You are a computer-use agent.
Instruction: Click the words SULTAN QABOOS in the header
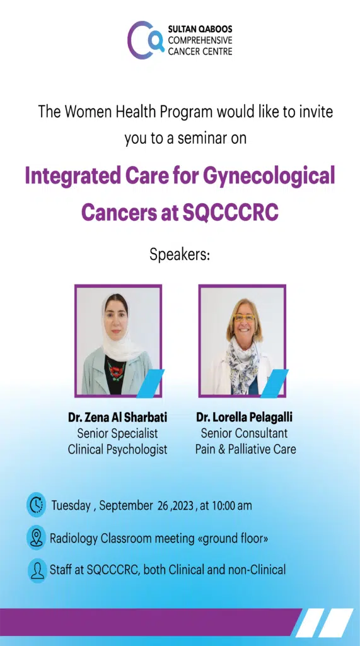pos(200,29)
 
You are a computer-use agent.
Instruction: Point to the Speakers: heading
pos(180,255)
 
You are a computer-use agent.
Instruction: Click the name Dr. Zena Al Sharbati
pos(117,418)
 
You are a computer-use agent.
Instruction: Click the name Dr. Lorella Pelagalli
pos(244,418)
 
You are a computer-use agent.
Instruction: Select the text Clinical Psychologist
pos(117,449)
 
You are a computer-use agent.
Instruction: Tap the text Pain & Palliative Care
pos(245,449)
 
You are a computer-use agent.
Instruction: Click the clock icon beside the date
pos(36,505)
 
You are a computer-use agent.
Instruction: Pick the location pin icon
pos(36,537)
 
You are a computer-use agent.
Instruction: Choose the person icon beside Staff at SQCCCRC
pos(37,570)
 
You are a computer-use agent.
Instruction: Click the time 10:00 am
pos(231,505)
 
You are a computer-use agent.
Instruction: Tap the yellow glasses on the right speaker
pos(244,318)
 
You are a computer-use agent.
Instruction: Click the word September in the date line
pos(125,505)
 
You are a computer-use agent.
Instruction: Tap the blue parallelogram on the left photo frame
pos(150,383)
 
